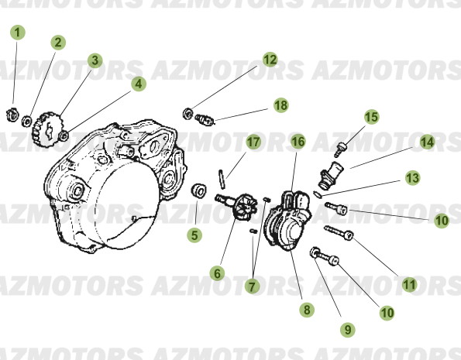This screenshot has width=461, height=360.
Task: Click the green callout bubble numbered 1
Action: [17, 33]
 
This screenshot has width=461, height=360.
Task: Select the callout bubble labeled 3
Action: [95, 60]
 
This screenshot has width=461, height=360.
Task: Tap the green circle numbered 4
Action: [138, 84]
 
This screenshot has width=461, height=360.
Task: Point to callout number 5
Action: [194, 233]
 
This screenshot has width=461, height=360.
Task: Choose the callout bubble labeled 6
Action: [216, 273]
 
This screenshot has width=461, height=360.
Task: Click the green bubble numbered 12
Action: [269, 59]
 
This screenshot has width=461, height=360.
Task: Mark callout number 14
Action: [427, 142]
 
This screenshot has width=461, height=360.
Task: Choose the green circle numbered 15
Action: [371, 117]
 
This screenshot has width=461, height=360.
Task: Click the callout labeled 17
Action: [253, 142]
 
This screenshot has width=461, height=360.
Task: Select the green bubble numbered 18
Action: [280, 105]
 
